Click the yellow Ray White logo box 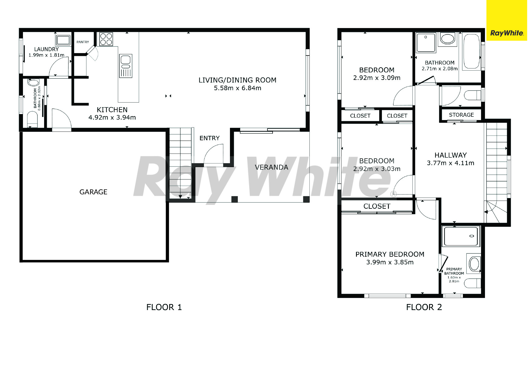coord(506,20)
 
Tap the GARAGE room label coord(93,192)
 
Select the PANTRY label coord(83,42)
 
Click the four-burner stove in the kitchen coord(106,39)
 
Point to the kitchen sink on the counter coord(126,66)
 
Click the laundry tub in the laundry coord(63,40)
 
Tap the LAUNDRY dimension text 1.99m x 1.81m coord(46,55)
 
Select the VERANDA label coord(271,167)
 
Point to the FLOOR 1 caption coord(164,307)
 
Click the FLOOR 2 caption coord(424,307)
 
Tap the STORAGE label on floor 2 coord(461,115)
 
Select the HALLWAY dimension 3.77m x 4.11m coord(451,163)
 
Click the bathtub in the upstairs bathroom coord(471,51)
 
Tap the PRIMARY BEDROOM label coord(390,254)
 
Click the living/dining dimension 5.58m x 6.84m coord(238,88)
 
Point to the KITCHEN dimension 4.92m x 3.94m coord(112,118)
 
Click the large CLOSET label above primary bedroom coord(377,206)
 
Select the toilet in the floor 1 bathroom coord(32,119)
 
